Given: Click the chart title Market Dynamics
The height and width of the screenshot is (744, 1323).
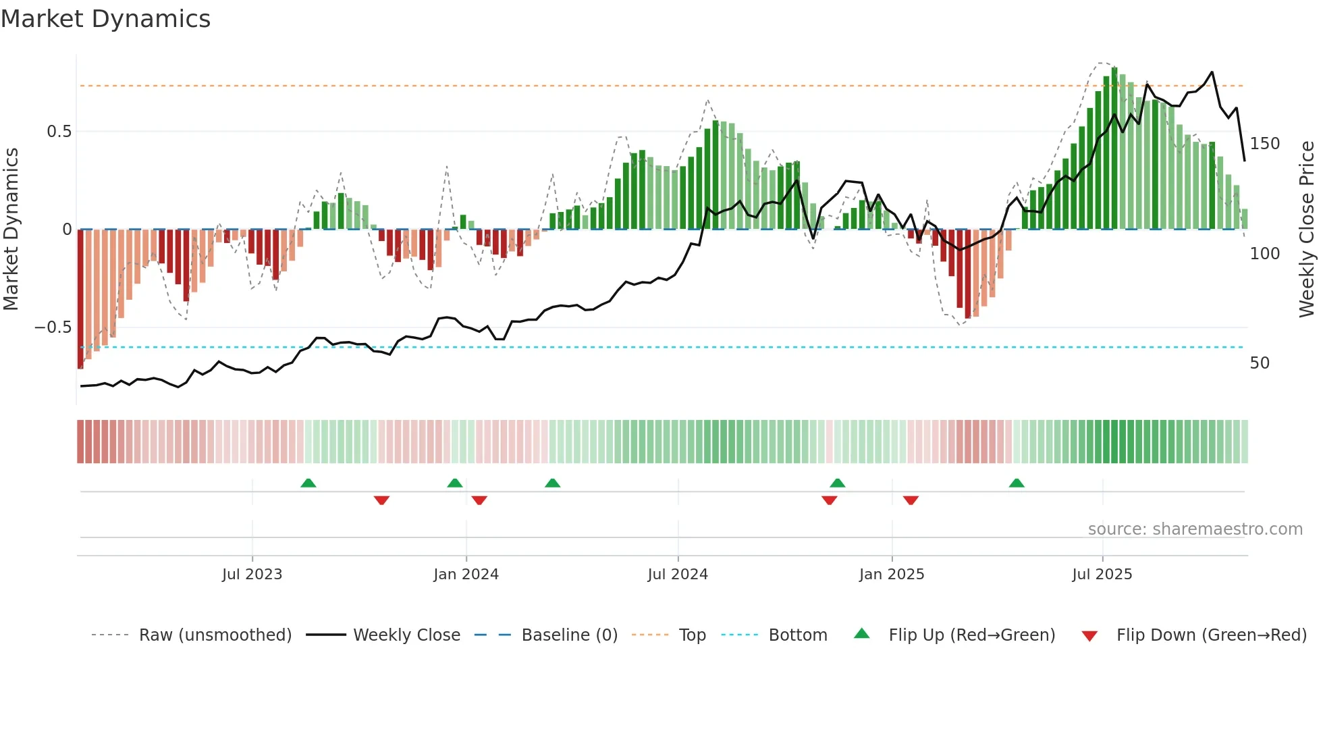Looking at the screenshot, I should pyautogui.click(x=105, y=19).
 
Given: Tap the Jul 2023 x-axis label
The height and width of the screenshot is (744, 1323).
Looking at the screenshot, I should pyautogui.click(x=252, y=575).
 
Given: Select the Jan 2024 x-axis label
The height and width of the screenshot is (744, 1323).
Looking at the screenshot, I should pyautogui.click(x=466, y=575).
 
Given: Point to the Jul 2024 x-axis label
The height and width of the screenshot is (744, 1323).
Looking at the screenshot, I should pyautogui.click(x=678, y=575).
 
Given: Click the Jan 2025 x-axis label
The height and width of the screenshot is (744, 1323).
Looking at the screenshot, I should pyautogui.click(x=892, y=575).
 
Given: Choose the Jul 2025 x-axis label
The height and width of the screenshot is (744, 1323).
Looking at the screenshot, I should pyautogui.click(x=1102, y=575).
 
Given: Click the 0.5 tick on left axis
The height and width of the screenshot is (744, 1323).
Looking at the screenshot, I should pyautogui.click(x=59, y=132).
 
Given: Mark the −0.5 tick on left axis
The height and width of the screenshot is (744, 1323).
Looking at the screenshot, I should pyautogui.click(x=53, y=327).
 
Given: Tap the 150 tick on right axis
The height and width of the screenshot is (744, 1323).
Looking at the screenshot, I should pyautogui.click(x=1264, y=144).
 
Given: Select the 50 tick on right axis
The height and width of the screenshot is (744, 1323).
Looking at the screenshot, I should pyautogui.click(x=1260, y=363).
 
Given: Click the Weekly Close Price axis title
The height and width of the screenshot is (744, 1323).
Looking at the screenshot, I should pyautogui.click(x=1307, y=230).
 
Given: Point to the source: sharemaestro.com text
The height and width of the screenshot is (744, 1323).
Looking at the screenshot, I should pyautogui.click(x=1195, y=529).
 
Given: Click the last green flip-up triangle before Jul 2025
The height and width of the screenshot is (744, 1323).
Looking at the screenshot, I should pyautogui.click(x=1017, y=483).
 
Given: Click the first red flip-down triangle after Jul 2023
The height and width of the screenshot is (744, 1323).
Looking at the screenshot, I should pyautogui.click(x=381, y=500).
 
